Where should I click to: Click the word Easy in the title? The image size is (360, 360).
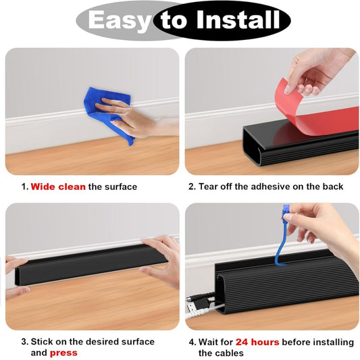point(120,21)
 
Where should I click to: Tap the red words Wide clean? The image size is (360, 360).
point(58,186)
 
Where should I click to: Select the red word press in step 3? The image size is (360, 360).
point(63,353)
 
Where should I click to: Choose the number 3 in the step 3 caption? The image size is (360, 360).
point(24,342)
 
